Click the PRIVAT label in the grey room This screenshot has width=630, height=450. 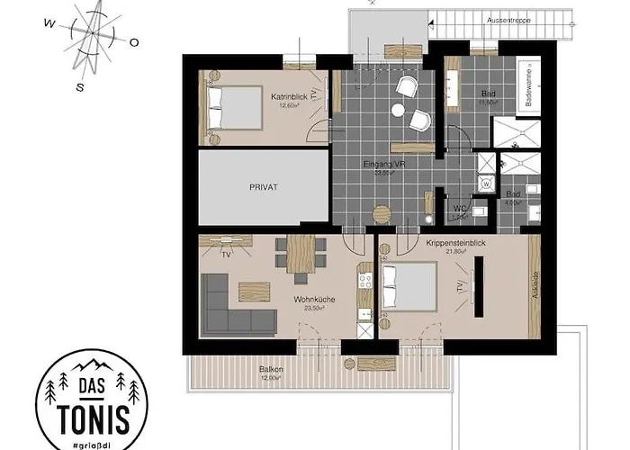tap(262, 187)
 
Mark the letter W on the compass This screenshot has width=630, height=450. tap(49, 24)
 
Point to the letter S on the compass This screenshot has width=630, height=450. tap(80, 86)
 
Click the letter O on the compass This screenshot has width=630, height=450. tap(133, 42)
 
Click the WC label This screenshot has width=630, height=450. tap(459, 209)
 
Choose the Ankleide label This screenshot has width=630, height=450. tap(534, 286)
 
